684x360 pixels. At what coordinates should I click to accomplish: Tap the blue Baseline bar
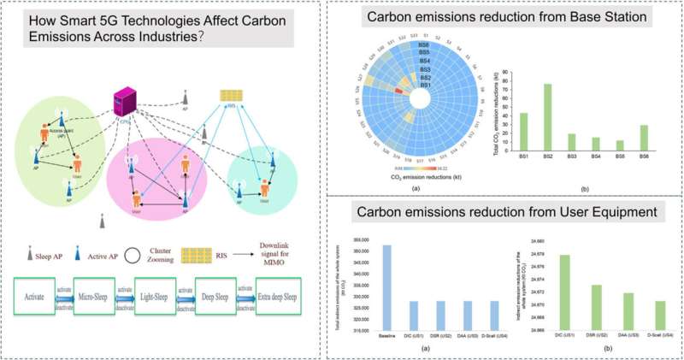(x=386, y=287)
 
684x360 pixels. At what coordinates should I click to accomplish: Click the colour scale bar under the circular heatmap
(x=398, y=170)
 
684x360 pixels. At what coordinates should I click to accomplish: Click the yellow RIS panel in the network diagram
(x=229, y=94)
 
